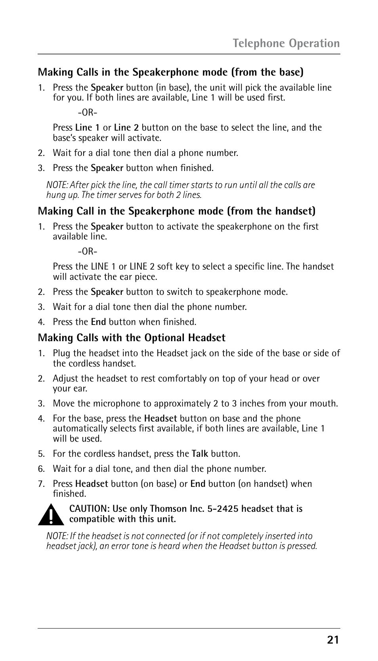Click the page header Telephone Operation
coord(286,43)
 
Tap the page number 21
coord(333,640)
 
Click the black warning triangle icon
coord(51,515)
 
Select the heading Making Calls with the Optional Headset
coord(132,338)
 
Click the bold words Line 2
coord(126,127)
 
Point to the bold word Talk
coord(200,454)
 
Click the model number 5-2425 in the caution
coord(223,509)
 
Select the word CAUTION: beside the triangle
coord(90,509)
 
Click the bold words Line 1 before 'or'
coord(87,127)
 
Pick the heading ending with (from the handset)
coord(177,211)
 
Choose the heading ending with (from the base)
coord(170,72)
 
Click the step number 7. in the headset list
coord(42,484)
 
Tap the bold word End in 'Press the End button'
coord(98,322)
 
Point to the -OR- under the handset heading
coord(88,252)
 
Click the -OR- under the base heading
coord(88,112)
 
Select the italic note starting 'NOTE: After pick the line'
coord(180,190)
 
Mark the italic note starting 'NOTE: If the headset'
coord(181,541)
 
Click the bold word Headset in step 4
coord(160,418)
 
